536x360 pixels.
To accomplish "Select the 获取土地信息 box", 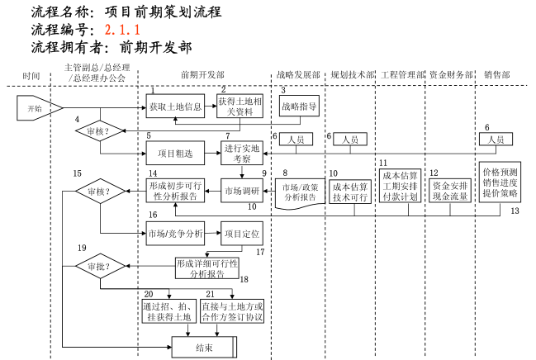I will (175, 107).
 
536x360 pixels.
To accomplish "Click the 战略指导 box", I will (298, 107).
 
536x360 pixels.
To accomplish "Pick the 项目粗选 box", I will (174, 152).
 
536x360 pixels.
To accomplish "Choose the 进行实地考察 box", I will (242, 153).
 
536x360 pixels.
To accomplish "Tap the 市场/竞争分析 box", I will (175, 234).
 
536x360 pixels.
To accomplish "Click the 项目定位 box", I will (241, 234).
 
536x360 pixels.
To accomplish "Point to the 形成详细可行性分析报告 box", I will (206, 268).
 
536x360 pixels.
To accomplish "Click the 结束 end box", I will (204, 348).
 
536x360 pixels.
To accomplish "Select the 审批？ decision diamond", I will (99, 267).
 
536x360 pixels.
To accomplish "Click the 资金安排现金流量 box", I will (450, 192).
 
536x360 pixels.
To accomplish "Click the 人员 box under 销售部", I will (496, 140).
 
